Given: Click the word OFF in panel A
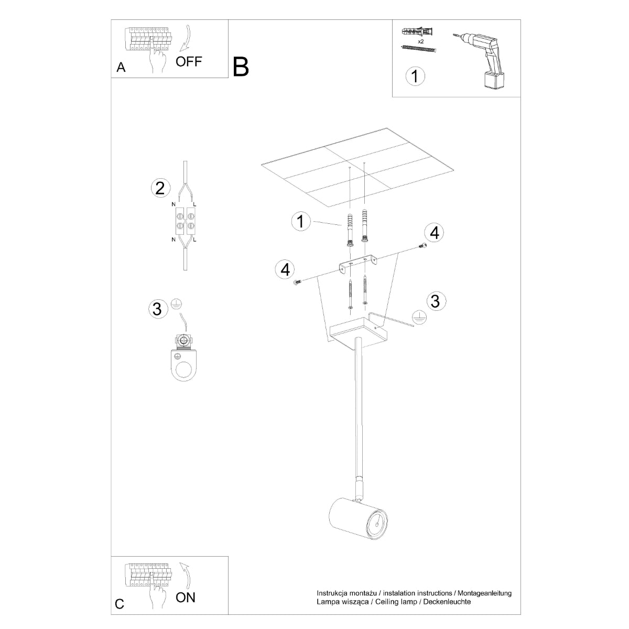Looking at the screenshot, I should coord(189,61).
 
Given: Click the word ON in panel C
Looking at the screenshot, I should coord(186,597).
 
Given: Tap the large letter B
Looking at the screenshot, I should coord(241,67).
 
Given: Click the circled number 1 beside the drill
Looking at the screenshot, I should coord(415,76).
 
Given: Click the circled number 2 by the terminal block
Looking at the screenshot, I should coord(160,188).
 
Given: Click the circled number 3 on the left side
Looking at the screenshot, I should coord(156,309).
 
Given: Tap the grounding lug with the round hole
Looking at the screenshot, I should coord(183,365).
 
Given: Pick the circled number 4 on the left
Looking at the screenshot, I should coord(285,269).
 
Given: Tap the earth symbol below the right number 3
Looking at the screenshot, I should coord(418,318).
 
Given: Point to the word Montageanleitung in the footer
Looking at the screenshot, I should coord(483,593).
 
